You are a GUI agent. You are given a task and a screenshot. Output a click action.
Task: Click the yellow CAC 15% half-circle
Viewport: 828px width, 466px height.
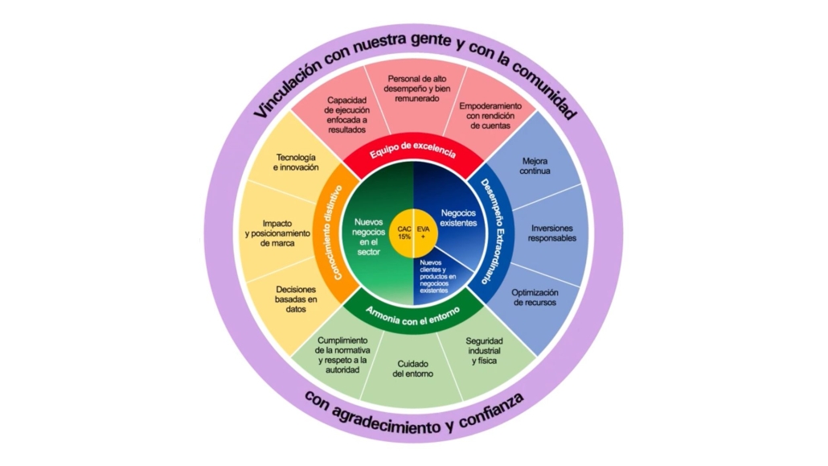pyautogui.click(x=404, y=233)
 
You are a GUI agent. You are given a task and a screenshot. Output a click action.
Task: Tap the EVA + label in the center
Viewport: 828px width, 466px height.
pyautogui.click(x=424, y=233)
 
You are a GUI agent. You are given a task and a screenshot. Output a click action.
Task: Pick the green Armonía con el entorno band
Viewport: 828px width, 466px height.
pyautogui.click(x=412, y=311)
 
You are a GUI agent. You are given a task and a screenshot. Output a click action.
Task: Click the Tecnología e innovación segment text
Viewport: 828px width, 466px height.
pyautogui.click(x=297, y=162)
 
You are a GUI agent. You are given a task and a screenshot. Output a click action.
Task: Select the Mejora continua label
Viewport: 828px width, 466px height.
pyautogui.click(x=535, y=166)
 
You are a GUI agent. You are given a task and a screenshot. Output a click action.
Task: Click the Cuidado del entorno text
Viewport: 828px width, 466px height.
pyautogui.click(x=412, y=369)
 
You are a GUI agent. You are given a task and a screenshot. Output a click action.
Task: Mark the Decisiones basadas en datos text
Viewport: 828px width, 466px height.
pyautogui.click(x=296, y=298)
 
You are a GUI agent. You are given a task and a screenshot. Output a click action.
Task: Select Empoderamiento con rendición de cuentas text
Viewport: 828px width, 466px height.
pyautogui.click(x=490, y=116)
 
